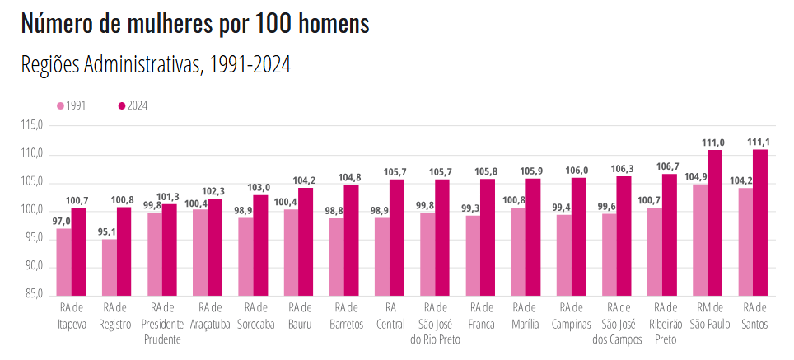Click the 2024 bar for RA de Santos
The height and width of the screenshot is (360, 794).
point(759,222)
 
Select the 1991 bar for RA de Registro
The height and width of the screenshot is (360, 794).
point(110,267)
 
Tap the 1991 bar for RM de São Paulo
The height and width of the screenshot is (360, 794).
point(700,239)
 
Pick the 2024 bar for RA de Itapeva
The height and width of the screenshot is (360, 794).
point(79,251)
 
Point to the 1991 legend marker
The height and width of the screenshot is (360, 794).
point(60,105)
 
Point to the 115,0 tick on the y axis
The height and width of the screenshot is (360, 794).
point(32,126)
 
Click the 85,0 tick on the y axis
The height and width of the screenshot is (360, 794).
point(34,294)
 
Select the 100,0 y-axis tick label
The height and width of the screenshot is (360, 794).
point(32,210)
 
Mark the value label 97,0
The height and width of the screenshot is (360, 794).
point(58,222)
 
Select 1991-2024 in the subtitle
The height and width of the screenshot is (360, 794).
point(247,65)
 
